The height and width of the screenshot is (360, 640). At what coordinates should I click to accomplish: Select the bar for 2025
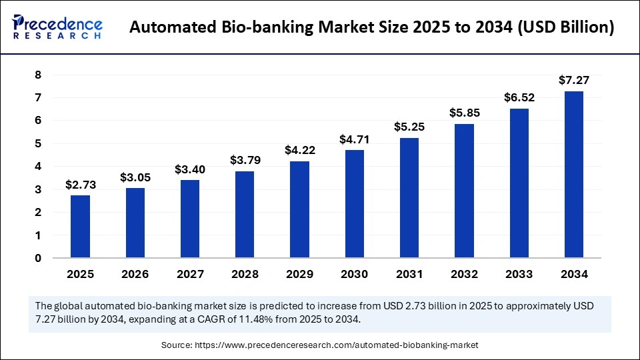click(x=81, y=226)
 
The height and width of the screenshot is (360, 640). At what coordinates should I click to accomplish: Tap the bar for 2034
click(x=574, y=174)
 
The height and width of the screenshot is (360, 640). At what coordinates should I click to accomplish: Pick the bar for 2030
click(x=355, y=203)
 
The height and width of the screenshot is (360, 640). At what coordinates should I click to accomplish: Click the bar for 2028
click(x=245, y=214)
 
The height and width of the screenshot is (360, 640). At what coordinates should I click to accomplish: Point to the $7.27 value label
click(x=574, y=80)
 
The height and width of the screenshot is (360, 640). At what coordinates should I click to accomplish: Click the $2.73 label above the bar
click(x=81, y=185)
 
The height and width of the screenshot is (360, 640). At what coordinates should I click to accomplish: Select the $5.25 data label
click(x=409, y=127)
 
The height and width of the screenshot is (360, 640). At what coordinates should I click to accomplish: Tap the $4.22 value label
click(x=299, y=150)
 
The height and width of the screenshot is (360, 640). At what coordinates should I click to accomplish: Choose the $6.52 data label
click(x=519, y=97)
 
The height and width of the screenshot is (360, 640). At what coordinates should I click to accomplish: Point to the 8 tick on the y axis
click(x=38, y=75)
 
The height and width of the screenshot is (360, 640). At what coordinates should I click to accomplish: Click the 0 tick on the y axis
click(x=38, y=258)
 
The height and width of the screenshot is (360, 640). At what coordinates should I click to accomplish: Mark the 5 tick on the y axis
click(x=38, y=143)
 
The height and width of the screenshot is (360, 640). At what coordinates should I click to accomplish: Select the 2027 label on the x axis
click(x=190, y=274)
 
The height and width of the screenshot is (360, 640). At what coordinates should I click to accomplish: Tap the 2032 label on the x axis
click(x=464, y=274)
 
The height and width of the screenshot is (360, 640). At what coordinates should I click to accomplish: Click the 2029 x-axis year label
click(x=299, y=274)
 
